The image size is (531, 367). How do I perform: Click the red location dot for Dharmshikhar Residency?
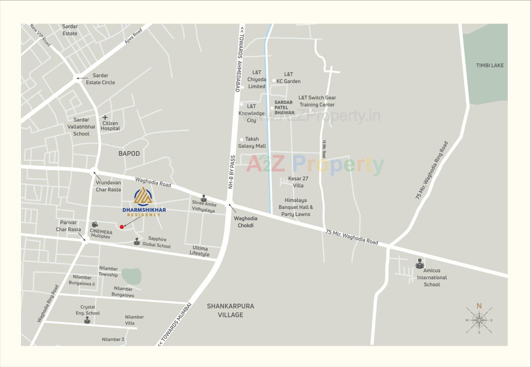(x=122, y=227)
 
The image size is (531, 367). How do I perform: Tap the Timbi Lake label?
(x=490, y=65)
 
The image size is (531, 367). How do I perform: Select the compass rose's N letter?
(x=479, y=306)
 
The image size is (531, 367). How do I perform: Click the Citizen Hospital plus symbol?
(x=105, y=117)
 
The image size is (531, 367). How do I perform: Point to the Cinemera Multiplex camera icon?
(x=95, y=224)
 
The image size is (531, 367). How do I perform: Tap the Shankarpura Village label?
(x=230, y=310)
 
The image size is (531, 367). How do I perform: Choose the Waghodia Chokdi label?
(x=245, y=222)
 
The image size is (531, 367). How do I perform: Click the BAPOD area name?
(x=129, y=154)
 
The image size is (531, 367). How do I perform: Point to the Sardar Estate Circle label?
(x=100, y=79)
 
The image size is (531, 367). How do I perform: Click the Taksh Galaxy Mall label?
(x=252, y=143)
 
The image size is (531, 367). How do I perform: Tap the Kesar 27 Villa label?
(x=298, y=182)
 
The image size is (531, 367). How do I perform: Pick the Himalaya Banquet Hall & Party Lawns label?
(x=296, y=207)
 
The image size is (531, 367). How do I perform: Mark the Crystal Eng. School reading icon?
(x=87, y=320)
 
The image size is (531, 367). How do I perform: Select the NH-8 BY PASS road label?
(x=232, y=172)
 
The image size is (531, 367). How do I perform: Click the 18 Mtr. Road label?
(x=324, y=149)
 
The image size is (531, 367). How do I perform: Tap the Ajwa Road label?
(x=133, y=36)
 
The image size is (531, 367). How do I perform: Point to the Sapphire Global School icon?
(x=137, y=242)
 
